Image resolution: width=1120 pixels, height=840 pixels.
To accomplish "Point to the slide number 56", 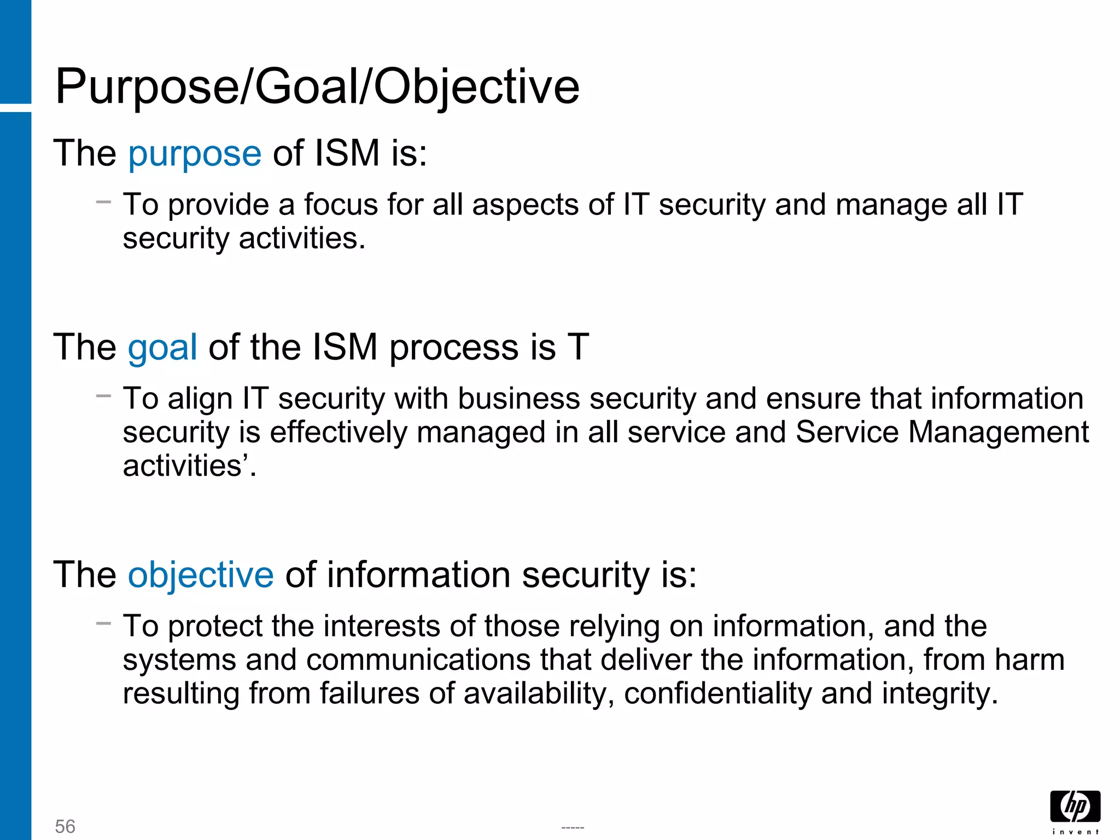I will pos(65,826).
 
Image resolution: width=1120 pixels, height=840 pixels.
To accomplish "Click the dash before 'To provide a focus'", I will pos(103,202).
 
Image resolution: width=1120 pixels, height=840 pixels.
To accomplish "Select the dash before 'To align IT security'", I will pos(103,395).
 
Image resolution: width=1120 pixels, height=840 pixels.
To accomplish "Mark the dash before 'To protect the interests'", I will pos(103,623).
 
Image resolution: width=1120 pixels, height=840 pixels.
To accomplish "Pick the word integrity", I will pos(938,693).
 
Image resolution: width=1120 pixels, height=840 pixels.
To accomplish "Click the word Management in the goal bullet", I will pos(999,433).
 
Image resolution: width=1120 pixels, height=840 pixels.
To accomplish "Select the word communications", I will pos(418,660).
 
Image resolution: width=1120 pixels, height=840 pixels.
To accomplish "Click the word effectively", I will pos(339,433).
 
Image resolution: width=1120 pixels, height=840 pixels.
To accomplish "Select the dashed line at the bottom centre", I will pos(573,828).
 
